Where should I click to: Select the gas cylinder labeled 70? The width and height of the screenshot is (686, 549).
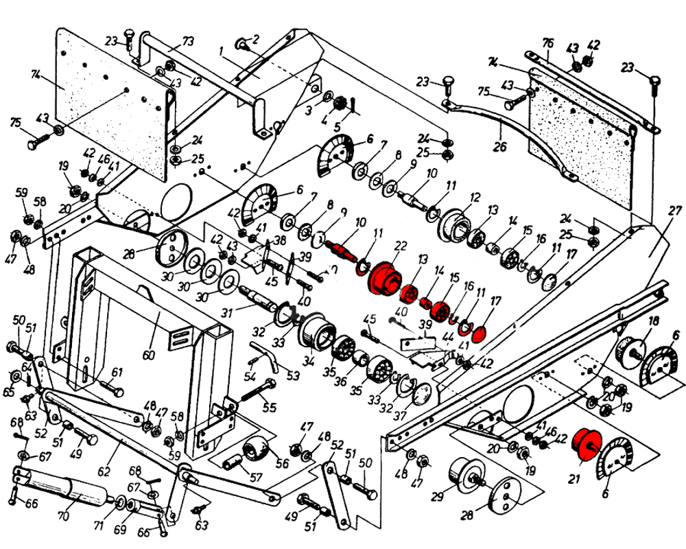[x=62, y=486]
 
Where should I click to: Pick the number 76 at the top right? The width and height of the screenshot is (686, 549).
[x=546, y=43]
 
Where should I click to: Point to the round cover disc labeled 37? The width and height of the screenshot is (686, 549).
[x=421, y=396]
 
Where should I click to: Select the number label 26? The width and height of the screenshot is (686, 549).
[x=499, y=146]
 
